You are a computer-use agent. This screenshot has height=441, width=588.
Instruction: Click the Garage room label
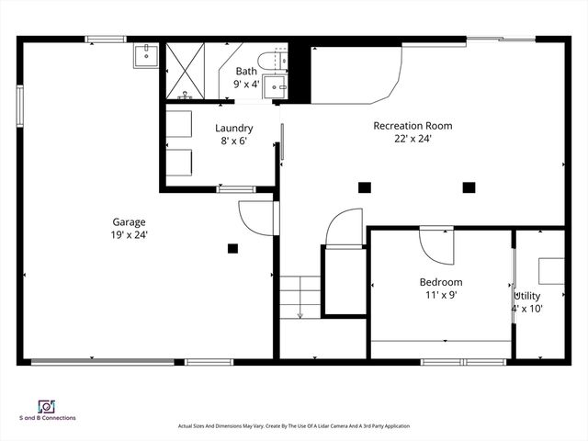coord(129,221)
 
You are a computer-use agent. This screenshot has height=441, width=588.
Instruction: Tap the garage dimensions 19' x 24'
coord(129,235)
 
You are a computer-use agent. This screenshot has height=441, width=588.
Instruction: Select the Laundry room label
coord(233,128)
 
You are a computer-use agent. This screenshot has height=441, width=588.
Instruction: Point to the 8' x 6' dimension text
coord(233,141)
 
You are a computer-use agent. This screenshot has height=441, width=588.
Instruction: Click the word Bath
coord(246,71)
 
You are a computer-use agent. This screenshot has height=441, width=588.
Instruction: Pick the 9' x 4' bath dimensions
coord(246,84)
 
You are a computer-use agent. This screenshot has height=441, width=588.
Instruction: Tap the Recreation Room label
coord(413,126)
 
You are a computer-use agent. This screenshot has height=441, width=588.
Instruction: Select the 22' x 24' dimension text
coord(413,139)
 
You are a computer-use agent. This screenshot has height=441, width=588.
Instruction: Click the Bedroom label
coord(441,282)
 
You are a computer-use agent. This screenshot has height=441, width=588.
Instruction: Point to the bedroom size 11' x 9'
coord(441,296)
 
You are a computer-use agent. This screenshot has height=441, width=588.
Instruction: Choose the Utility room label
coord(527,296)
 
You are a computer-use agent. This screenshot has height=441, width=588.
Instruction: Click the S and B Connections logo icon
coord(45,406)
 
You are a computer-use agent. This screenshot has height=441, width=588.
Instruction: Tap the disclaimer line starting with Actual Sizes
coord(293,426)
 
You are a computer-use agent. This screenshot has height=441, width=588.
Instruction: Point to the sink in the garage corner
coord(145,55)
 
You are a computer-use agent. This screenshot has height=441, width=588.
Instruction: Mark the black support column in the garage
coord(233,247)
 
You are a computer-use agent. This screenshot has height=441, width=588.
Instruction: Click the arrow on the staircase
coord(300,315)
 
